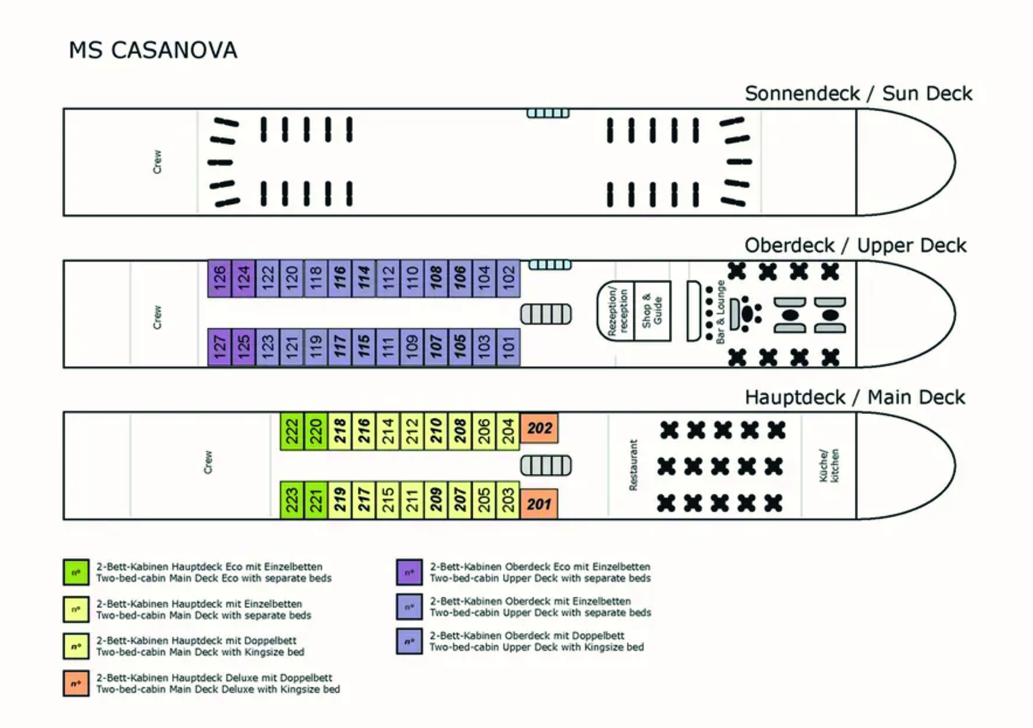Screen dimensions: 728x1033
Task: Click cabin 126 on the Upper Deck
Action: click(219, 278)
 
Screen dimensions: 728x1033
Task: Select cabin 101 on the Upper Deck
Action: click(508, 347)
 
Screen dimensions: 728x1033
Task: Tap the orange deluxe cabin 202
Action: click(539, 428)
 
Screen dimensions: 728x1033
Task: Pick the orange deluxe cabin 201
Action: click(539, 504)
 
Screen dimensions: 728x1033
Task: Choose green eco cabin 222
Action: click(292, 431)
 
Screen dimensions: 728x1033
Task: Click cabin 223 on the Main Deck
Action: click(292, 500)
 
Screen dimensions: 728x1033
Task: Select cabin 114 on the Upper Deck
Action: click(364, 278)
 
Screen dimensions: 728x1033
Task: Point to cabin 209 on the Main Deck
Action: click(436, 500)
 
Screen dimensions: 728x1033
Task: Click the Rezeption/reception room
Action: click(616, 312)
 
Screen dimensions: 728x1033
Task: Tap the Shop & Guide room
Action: click(652, 312)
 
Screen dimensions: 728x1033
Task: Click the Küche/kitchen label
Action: click(829, 466)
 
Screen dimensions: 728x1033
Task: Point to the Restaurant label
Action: click(634, 465)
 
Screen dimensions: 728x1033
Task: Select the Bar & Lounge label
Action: click(720, 312)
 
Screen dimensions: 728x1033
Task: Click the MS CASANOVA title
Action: click(153, 50)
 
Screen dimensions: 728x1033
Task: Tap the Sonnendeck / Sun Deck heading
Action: click(858, 94)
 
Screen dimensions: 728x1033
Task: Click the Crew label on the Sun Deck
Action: click(157, 162)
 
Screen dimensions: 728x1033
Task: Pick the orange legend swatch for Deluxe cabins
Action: click(76, 683)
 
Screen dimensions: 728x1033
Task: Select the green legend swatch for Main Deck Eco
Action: click(76, 572)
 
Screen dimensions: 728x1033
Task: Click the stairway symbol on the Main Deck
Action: click(546, 466)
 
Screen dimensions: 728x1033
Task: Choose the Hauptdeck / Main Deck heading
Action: click(855, 397)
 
